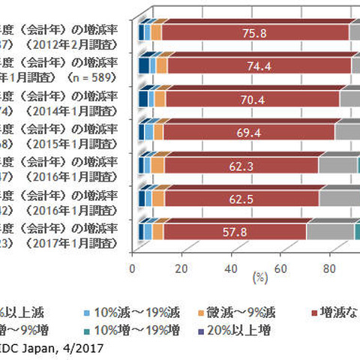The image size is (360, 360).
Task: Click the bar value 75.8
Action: pyautogui.click(x=254, y=32)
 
